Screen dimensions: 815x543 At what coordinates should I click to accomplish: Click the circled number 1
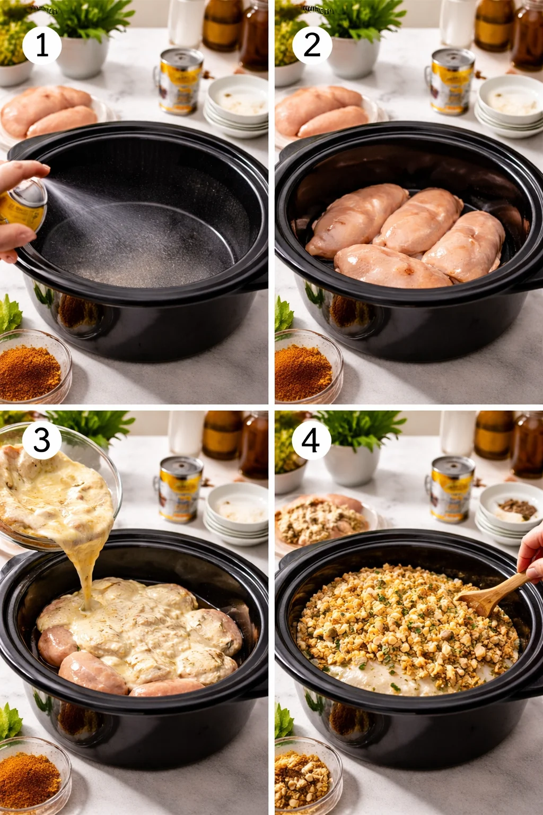click(x=42, y=45)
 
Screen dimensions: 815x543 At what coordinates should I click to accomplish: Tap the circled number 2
click(x=312, y=45)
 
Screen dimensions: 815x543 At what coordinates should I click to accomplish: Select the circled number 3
click(x=42, y=440)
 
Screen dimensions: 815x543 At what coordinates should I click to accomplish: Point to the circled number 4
click(x=311, y=440)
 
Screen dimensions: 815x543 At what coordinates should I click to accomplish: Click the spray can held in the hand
click(x=24, y=205)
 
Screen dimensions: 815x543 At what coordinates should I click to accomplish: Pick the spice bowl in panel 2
click(x=305, y=367)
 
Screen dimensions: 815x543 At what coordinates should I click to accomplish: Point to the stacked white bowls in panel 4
click(x=509, y=512)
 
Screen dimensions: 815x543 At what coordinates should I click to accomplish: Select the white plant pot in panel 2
click(x=354, y=56)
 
